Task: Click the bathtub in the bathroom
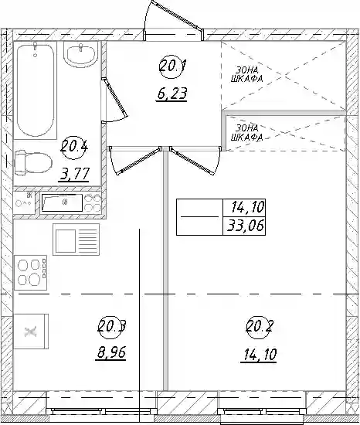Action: click(x=36, y=90)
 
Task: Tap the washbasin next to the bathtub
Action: click(x=80, y=56)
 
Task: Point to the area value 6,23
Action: click(x=172, y=94)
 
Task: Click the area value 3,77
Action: click(x=74, y=174)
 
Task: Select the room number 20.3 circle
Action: click(x=111, y=326)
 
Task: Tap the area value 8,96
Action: click(x=111, y=353)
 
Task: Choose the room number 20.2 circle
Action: click(x=260, y=326)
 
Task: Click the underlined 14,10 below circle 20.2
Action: click(x=260, y=354)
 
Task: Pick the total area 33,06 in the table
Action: click(x=245, y=226)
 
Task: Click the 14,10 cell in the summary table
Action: click(x=247, y=208)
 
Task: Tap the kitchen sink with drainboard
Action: click(x=76, y=240)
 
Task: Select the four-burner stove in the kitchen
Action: click(x=31, y=271)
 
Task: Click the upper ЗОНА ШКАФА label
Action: click(x=247, y=75)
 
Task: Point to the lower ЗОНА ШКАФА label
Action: click(x=246, y=133)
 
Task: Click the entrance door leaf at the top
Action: click(x=176, y=15)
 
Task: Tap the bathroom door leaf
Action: click(x=114, y=97)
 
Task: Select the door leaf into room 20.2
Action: click(x=192, y=161)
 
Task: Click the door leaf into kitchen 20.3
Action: click(x=140, y=161)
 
